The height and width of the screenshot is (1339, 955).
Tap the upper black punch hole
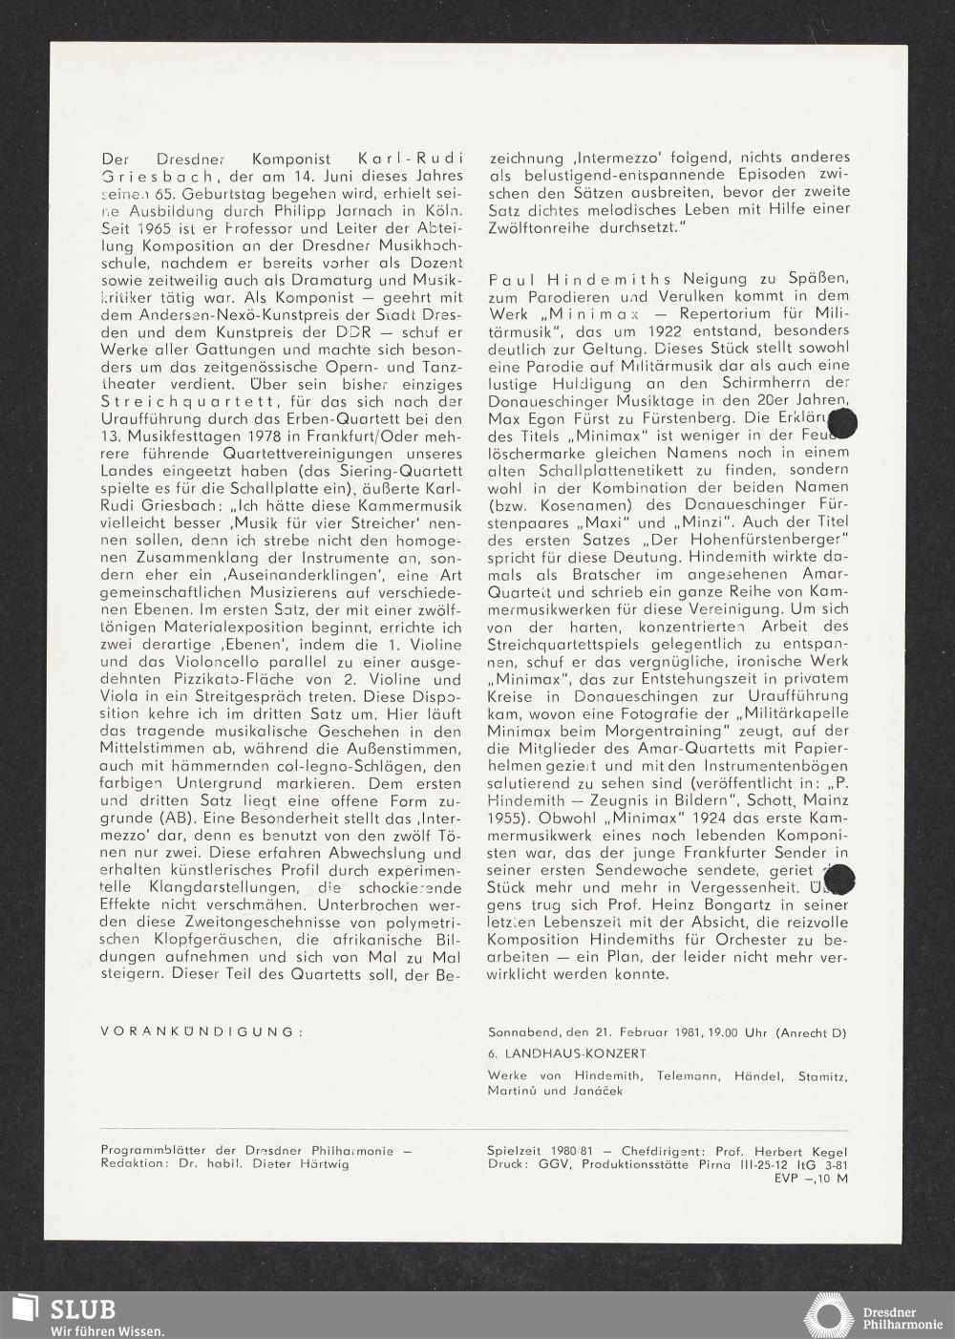[844, 422]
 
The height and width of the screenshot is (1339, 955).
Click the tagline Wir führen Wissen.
[107, 1330]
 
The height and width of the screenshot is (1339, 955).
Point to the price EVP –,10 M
[811, 1179]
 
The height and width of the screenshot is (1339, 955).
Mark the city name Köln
[442, 211]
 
